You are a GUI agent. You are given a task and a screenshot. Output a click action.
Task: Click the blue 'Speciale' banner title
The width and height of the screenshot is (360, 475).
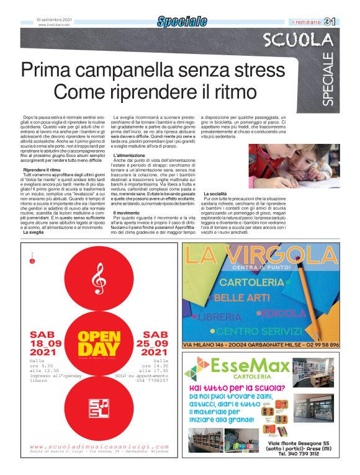click(x=181, y=22)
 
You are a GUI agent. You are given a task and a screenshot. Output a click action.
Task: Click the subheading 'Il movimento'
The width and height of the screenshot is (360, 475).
click(x=126, y=213)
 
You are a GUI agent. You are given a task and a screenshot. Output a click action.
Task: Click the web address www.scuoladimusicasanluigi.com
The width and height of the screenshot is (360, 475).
click(x=99, y=446)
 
